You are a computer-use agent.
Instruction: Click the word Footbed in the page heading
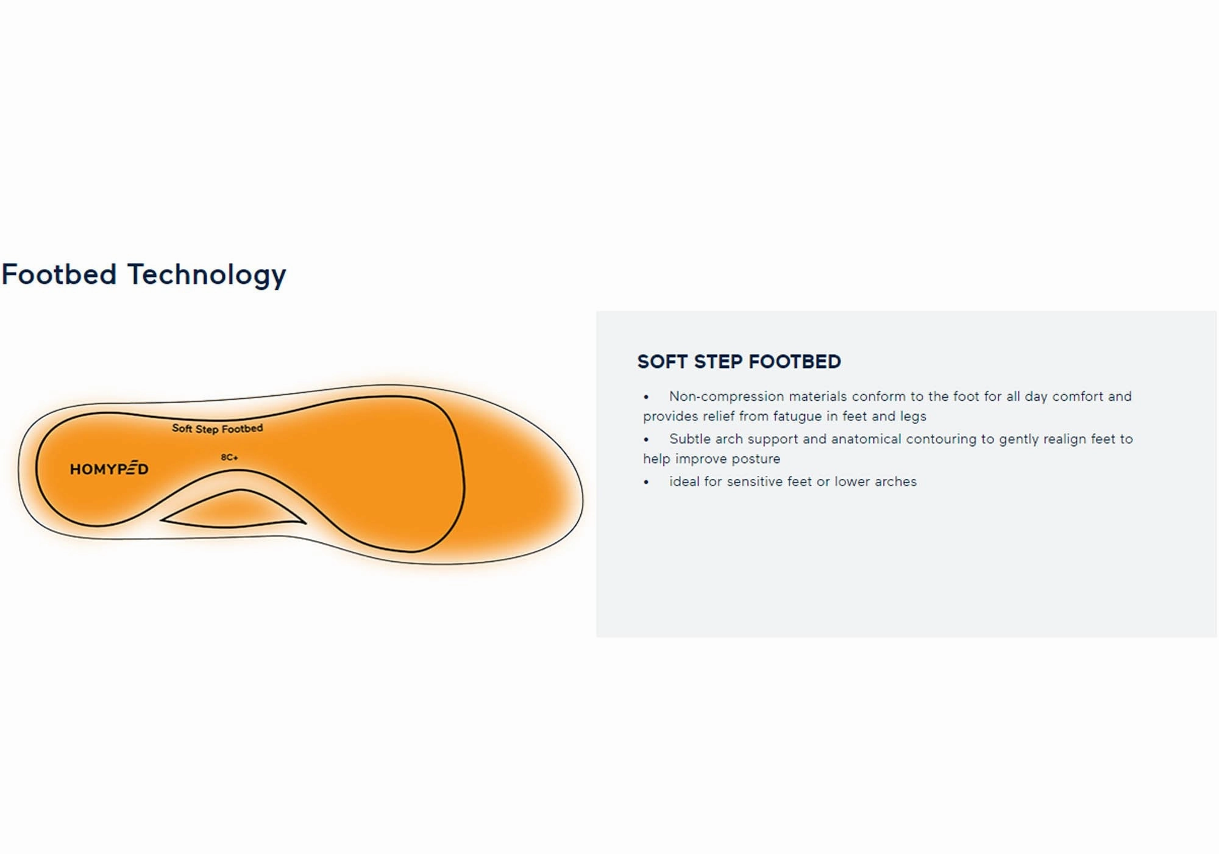pos(59,274)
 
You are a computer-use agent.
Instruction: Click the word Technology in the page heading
pos(206,275)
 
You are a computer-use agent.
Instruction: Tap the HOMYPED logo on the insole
pos(109,469)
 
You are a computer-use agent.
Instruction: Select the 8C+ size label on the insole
pos(229,457)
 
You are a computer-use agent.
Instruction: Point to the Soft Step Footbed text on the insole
pos(217,428)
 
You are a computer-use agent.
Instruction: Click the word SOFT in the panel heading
pos(662,362)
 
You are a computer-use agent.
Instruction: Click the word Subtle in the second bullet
pos(689,439)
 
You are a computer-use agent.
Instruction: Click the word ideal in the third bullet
pos(684,482)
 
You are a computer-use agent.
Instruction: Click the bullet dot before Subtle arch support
pos(646,440)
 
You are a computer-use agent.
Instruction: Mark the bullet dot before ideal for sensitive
pos(646,483)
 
